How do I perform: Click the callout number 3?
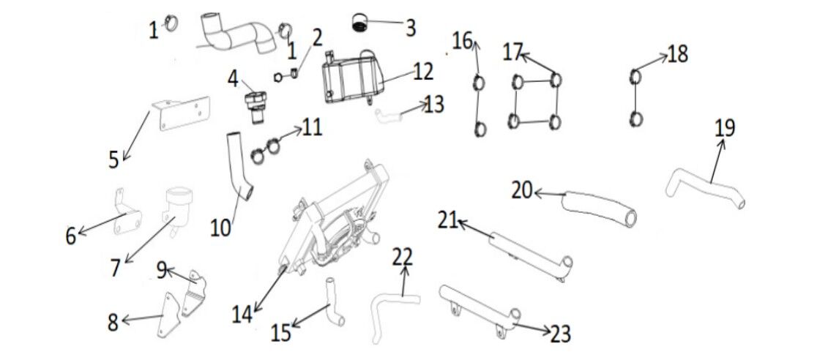(x=411, y=29)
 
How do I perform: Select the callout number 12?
(x=422, y=72)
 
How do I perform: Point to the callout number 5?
(x=113, y=160)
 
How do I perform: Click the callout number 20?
(x=522, y=190)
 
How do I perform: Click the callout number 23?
(x=560, y=334)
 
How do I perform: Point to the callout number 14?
(x=242, y=314)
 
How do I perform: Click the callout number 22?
(x=403, y=257)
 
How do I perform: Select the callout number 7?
(x=115, y=267)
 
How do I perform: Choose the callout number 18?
(x=678, y=54)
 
